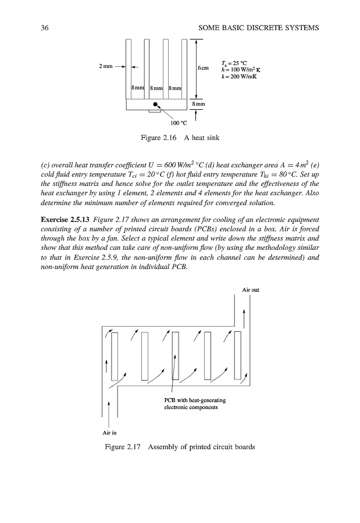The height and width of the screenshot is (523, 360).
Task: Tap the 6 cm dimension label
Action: click(x=204, y=67)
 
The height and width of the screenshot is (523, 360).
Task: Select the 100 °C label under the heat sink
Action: click(x=178, y=123)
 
